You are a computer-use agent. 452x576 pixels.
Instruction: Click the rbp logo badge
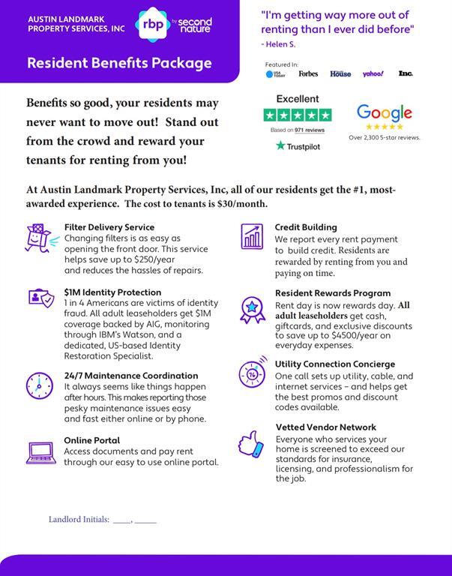point(149,23)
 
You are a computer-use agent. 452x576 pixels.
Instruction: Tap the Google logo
point(384,113)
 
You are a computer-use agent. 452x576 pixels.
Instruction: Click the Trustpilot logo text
point(298,145)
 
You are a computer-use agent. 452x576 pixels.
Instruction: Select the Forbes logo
point(308,73)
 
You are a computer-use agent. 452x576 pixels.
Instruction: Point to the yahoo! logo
point(373,73)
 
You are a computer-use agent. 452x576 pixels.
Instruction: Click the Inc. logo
point(406,73)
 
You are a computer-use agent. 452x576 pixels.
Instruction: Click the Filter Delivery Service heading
point(109,227)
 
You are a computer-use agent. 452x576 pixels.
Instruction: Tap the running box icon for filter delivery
point(38,238)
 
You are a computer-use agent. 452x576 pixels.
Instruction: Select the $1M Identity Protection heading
point(112,292)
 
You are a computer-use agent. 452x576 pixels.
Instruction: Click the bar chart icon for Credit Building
point(252,237)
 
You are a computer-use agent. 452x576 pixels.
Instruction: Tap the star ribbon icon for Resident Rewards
point(253,307)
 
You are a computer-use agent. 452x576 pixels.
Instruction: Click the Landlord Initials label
point(79,520)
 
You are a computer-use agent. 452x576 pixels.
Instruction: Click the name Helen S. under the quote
point(280,44)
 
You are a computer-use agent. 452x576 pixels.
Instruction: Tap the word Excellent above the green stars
point(298,99)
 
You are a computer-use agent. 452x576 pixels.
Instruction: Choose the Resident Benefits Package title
point(119,63)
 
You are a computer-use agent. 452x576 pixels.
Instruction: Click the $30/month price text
point(242,204)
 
